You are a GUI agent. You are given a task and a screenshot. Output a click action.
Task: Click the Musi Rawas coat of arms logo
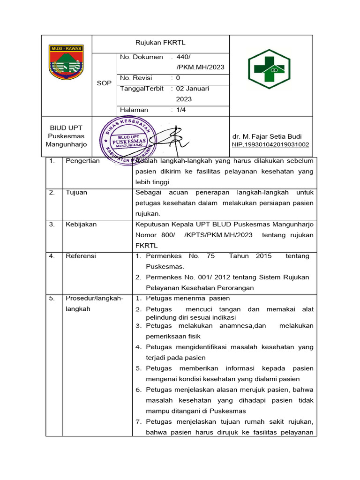coord(66,62)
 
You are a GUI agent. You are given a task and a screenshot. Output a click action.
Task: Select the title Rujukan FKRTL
coord(160,43)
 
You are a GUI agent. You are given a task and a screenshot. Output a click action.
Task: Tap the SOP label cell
coord(104,83)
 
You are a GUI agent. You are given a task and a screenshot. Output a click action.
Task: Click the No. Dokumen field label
coord(142,57)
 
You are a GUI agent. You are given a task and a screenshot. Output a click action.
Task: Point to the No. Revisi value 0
coord(178,78)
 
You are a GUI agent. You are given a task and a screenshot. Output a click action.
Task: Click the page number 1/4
coord(181,110)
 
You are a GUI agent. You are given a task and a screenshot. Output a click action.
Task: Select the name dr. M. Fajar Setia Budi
coord(267,136)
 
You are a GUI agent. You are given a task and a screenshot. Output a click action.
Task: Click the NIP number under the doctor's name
coord(270,144)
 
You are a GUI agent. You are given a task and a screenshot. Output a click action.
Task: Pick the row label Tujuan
coord(76,192)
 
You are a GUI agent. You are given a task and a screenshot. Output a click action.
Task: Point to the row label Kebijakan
coord(81,224)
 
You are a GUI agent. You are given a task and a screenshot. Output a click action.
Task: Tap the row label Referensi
coord(81,256)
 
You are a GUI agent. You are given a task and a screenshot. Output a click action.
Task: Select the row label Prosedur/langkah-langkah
coord(94,303)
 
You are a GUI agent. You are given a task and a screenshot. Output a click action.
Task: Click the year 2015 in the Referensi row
coord(263,256)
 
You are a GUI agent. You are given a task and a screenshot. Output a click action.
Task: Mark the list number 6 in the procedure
coord(138,390)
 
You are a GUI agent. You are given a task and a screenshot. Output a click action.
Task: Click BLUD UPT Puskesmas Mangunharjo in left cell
coord(66,136)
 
